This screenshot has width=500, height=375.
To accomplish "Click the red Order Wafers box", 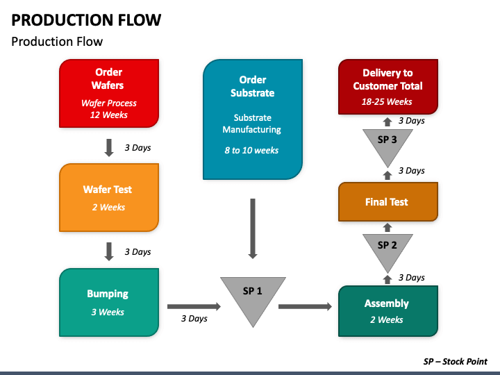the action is coord(109,93).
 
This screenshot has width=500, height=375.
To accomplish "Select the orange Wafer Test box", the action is coord(109,197).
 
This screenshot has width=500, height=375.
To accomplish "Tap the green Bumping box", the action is coord(109,302).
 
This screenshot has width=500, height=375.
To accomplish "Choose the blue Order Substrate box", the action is coord(253,119).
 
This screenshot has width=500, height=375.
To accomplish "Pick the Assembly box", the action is coord(388,311).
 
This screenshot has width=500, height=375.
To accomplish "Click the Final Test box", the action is coord(388,201).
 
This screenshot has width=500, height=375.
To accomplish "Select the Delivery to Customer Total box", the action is coord(388,86).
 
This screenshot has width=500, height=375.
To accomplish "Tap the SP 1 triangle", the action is coord(253,297).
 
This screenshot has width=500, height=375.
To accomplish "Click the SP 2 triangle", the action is coord(387,249).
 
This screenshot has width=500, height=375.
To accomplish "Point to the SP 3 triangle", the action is coord(387,144).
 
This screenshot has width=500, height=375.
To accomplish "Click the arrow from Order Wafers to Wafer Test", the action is coord(109,148).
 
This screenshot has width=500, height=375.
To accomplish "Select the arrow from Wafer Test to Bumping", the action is coord(109,251).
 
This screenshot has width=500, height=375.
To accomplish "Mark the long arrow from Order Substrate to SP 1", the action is coord(253,228).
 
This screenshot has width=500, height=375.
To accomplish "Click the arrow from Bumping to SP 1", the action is coord(194,306).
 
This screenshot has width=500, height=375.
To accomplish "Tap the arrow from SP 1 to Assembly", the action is coord(305,306).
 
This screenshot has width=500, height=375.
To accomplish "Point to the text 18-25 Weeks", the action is coord(387,101).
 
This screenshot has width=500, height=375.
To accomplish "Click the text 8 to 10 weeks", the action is coord(251,150).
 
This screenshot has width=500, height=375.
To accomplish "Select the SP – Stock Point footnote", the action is coord(456,361).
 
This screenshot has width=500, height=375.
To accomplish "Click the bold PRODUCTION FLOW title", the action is coord(86,19).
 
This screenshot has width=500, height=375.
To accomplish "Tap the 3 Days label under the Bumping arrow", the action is coord(194,318).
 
